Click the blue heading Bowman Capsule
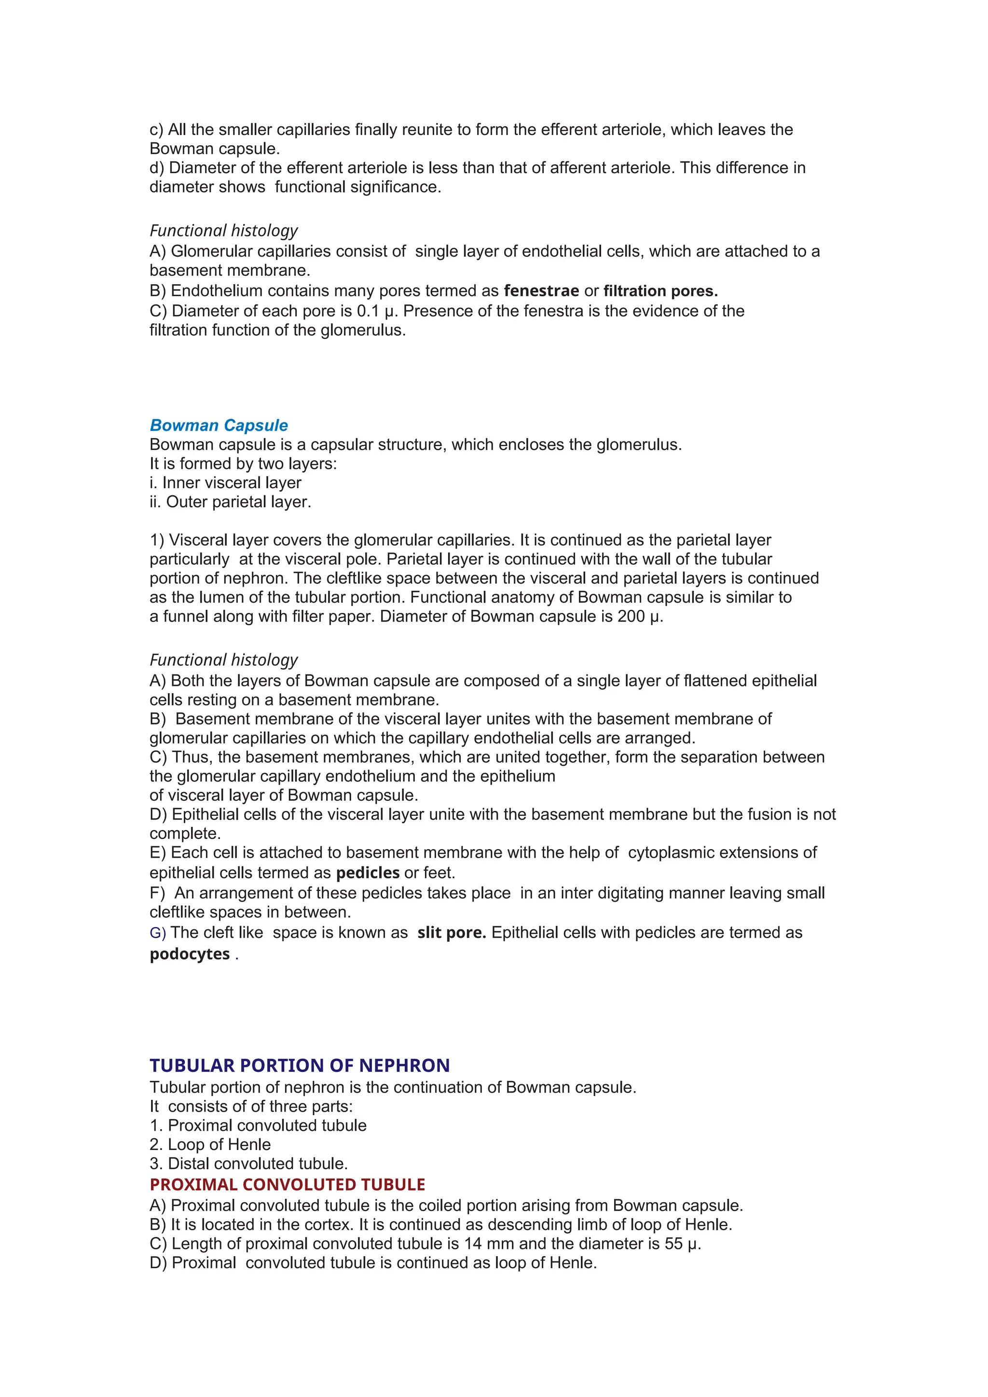(x=219, y=425)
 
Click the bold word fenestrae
(x=541, y=291)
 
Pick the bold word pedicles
(x=368, y=873)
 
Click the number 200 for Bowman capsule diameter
(x=631, y=616)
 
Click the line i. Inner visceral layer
(x=225, y=482)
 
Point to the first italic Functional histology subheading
(x=223, y=231)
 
